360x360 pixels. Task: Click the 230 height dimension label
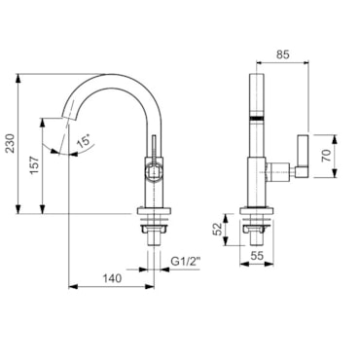[11, 143]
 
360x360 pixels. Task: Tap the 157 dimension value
[34, 165]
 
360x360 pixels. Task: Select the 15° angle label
[84, 142]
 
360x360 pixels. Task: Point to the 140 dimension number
[112, 278]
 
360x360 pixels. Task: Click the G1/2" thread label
[185, 262]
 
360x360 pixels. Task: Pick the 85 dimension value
[282, 54]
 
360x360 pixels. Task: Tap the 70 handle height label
[326, 156]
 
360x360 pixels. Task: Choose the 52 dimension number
[218, 229]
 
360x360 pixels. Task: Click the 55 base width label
[257, 256]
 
